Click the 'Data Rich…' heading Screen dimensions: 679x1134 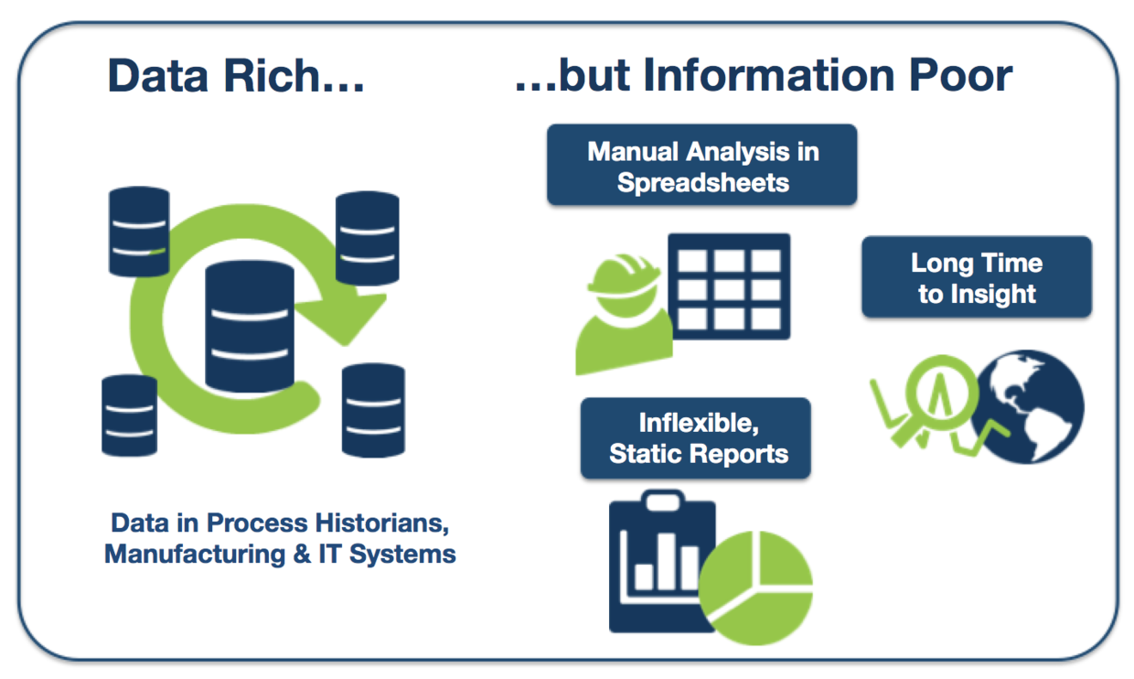coord(236,76)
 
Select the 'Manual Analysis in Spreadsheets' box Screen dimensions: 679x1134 coord(701,166)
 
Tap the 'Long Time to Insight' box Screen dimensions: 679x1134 coord(976,278)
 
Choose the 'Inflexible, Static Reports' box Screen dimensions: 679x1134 coord(695,438)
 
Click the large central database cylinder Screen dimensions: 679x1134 coord(250,326)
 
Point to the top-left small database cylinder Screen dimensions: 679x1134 coord(139,232)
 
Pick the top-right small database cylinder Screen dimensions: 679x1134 coord(367,239)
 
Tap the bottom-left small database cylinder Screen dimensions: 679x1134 coord(129,415)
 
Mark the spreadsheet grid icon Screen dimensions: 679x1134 coord(729,286)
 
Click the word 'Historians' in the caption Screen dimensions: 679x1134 coord(380,523)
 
